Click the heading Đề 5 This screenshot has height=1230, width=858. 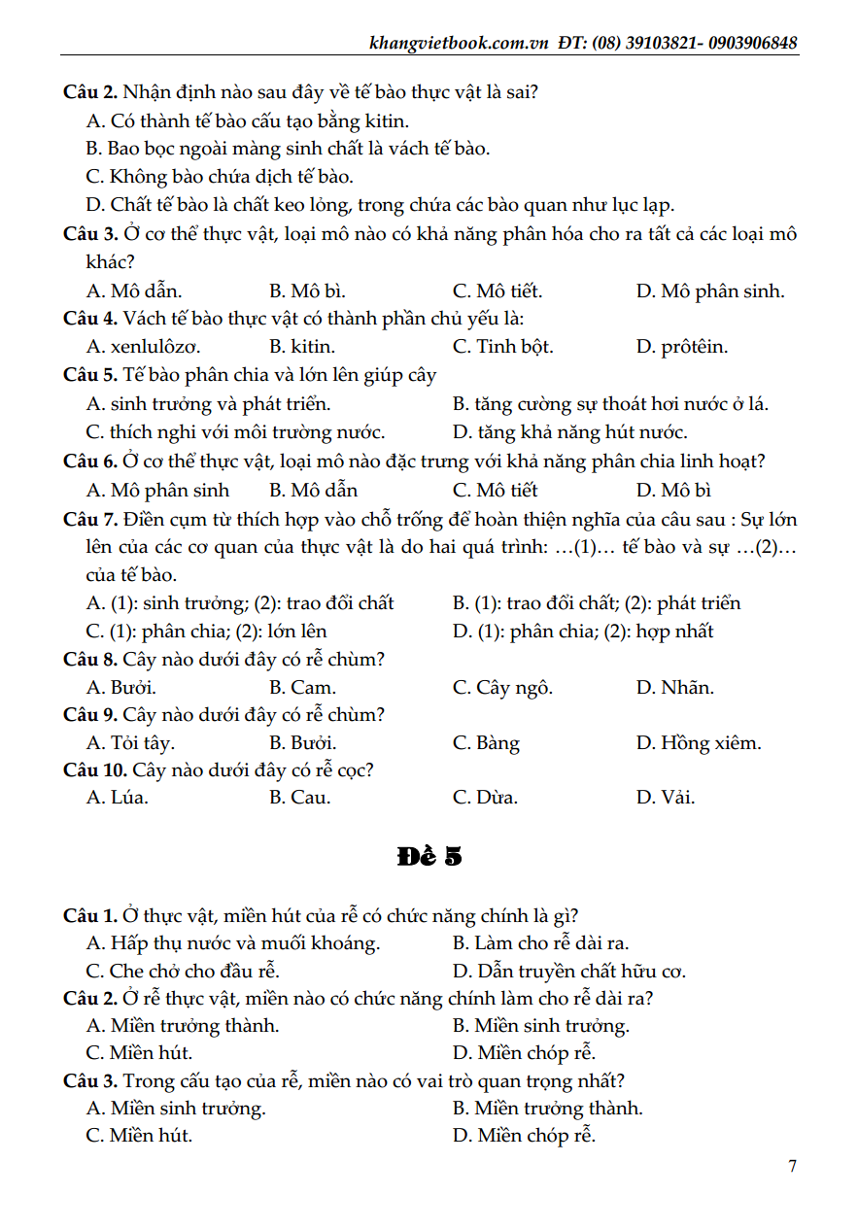pos(429,857)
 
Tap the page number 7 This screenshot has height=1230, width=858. pos(793,1166)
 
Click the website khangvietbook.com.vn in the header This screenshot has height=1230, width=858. pos(460,43)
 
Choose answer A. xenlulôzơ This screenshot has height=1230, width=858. pos(143,347)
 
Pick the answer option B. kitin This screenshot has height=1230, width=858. pos(302,347)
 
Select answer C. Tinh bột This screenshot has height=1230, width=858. pos(503,347)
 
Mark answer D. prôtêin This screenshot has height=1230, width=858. pos(681,347)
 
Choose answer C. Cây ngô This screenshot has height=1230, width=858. pos(503,688)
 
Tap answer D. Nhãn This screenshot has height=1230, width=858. pos(675,688)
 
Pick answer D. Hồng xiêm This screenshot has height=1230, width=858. pos(699,743)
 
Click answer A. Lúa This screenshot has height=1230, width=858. pos(118,798)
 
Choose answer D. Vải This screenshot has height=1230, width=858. pos(666,798)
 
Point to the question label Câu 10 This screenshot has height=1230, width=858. pos(94,770)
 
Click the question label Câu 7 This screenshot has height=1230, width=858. pos(90,519)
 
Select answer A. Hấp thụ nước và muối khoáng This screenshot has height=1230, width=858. pos(233,942)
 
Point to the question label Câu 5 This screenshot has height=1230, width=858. pos(90,375)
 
